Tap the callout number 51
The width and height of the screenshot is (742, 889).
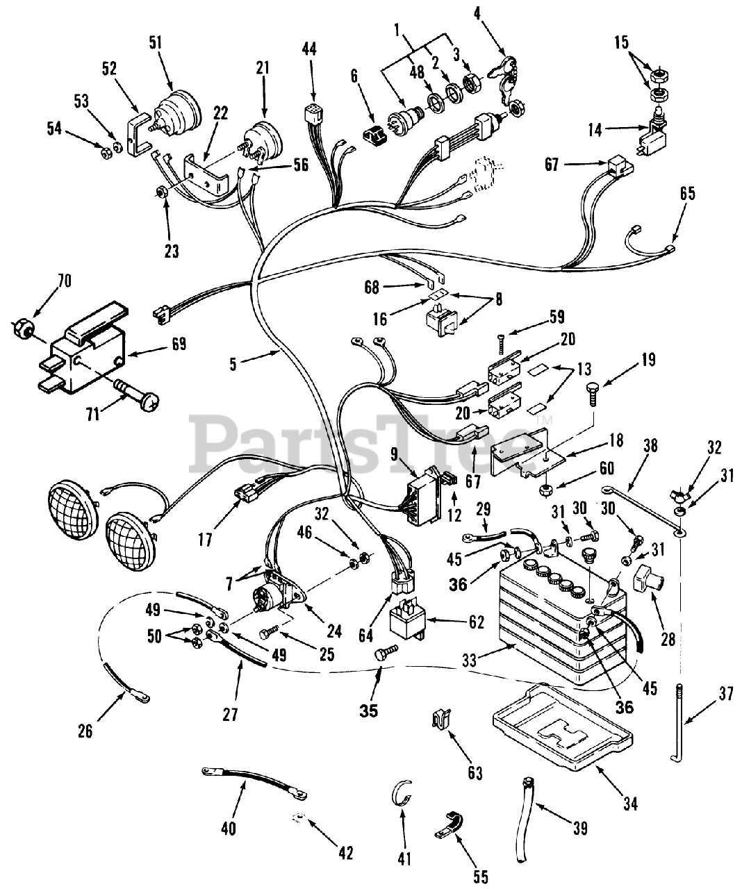(x=155, y=43)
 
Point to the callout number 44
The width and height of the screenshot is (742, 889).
(x=310, y=49)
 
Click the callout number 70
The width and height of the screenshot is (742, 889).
(x=64, y=282)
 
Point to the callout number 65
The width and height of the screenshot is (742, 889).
(x=686, y=193)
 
